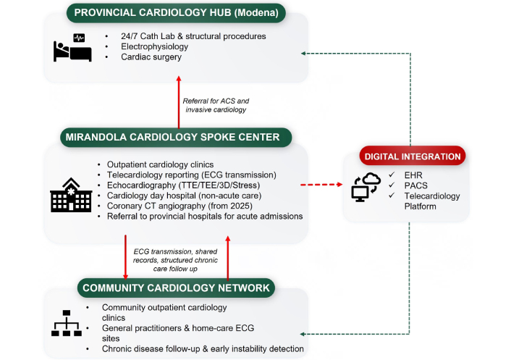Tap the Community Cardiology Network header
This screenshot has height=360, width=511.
pos(176,288)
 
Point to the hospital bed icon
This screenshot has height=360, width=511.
pos(72,48)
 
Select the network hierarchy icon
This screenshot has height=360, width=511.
pos(66,324)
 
